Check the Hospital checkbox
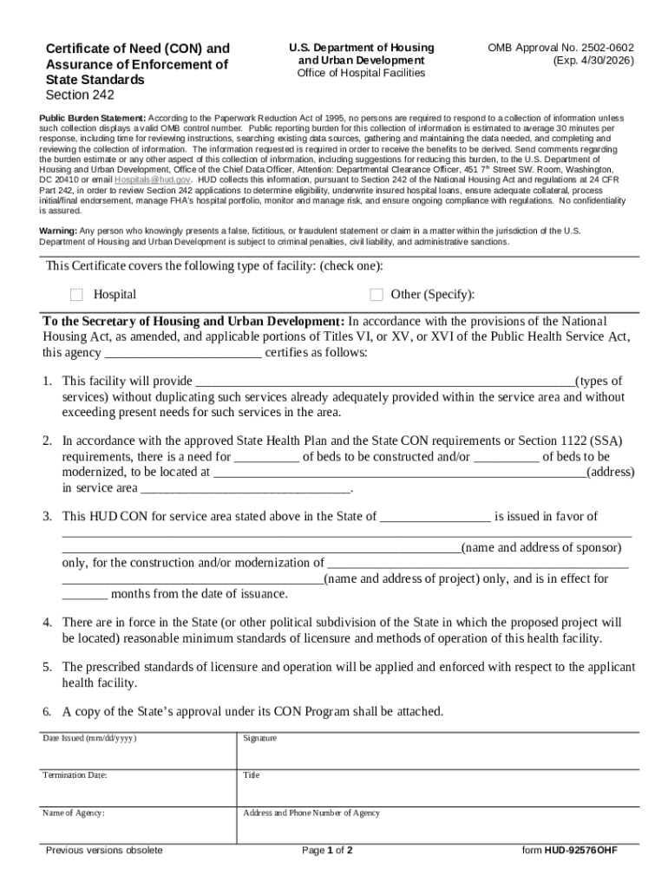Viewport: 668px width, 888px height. point(76,295)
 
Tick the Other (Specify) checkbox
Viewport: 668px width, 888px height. point(376,295)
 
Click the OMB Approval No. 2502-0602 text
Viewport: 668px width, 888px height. point(560,48)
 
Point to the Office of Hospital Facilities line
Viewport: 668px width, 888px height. point(361,74)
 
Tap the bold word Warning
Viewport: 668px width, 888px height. point(58,231)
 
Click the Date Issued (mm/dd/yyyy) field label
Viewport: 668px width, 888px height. point(89,738)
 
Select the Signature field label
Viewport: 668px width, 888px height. point(260,738)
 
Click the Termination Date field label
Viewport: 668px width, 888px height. point(75,775)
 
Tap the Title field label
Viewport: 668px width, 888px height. point(252,775)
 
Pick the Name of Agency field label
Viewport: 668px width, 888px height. point(74,813)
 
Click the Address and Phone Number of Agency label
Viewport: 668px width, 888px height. point(311,813)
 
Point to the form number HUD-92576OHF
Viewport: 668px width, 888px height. point(570,851)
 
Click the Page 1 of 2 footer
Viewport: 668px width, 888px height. point(327,851)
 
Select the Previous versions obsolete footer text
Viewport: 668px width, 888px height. point(104,851)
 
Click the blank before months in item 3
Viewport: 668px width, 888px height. point(84,595)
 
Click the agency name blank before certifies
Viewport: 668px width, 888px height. point(183,354)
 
